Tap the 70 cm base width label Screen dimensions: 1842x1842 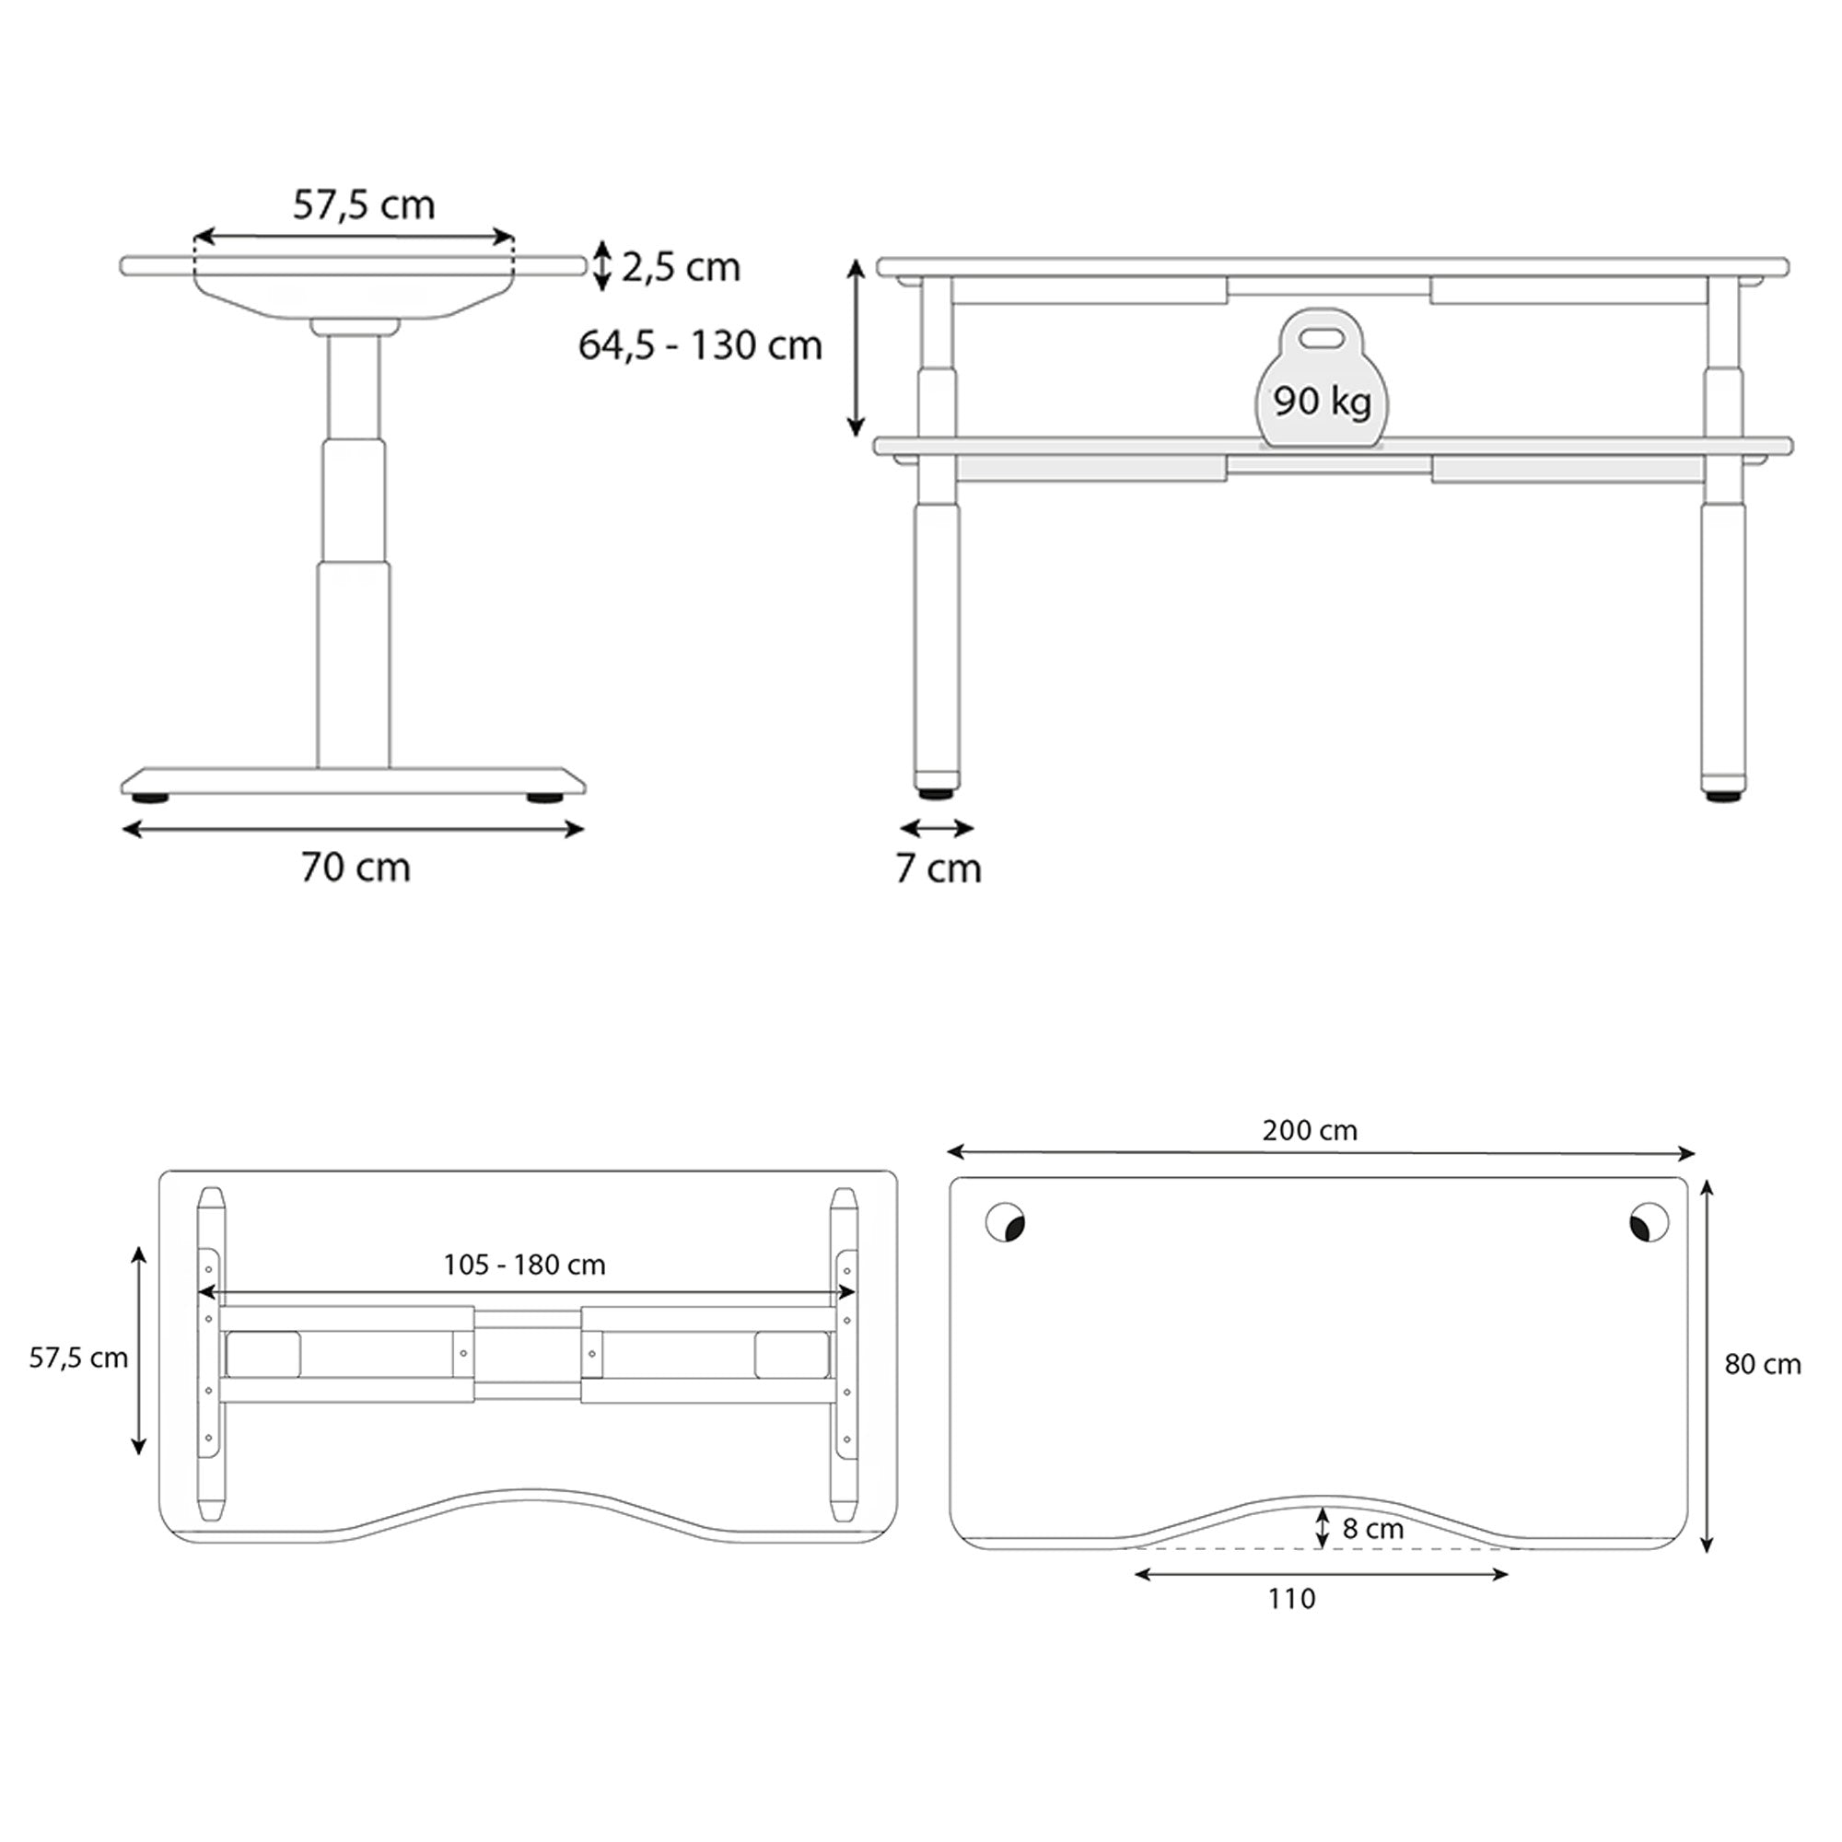tap(356, 868)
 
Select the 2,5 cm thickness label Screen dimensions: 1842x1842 tap(681, 268)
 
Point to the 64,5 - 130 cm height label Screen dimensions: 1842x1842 tap(700, 345)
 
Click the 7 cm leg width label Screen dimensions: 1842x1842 tap(938, 869)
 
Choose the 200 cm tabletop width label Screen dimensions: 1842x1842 tap(1309, 1130)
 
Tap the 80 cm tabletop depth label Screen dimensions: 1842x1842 tap(1762, 1364)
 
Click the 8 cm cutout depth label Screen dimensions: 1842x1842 tap(1372, 1528)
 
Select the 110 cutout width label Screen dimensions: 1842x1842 tap(1291, 1598)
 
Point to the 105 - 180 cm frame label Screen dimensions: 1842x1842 tap(524, 1265)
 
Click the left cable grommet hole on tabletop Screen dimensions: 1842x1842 tap(1005, 1222)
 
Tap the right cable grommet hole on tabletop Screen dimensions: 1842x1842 tap(1649, 1222)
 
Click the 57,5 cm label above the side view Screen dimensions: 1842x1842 tap(363, 205)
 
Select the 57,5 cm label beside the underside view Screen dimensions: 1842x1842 tap(78, 1358)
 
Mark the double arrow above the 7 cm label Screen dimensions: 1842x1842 tap(937, 828)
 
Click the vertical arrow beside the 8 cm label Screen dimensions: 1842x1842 tap(1322, 1527)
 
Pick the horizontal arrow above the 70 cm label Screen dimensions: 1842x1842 tap(353, 830)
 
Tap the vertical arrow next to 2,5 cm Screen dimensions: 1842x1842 tap(601, 266)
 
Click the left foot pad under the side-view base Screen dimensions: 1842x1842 tap(151, 797)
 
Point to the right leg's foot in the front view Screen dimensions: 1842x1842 tap(1723, 790)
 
